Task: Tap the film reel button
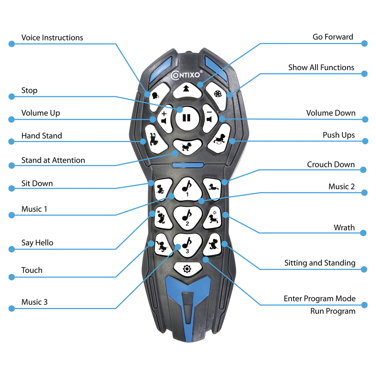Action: [218, 94]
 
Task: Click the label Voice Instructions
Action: [52, 38]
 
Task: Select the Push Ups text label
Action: [338, 135]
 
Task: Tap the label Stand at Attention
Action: [53, 160]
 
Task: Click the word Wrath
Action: [344, 227]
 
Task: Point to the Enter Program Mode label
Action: [319, 299]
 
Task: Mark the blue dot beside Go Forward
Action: [364, 43]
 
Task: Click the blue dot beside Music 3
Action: [11, 308]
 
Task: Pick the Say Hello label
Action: [37, 243]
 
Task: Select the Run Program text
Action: [332, 311]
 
